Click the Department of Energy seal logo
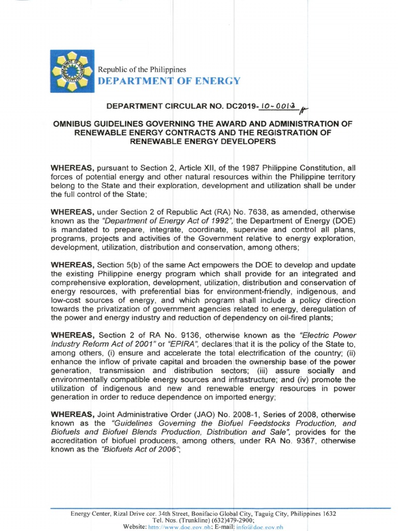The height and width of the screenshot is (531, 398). click(73, 71)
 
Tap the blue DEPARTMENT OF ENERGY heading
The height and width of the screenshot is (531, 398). click(170, 81)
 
